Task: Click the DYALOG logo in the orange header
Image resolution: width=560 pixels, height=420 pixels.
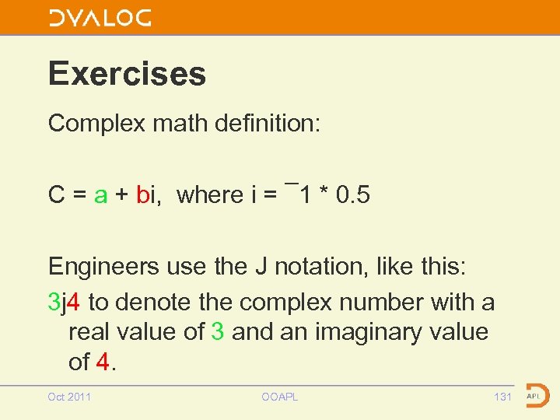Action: (x=100, y=18)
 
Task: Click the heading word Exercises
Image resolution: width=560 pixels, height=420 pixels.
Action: (x=127, y=74)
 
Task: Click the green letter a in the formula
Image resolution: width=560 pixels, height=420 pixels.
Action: (x=100, y=195)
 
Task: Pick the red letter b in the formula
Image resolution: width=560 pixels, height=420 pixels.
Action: (x=142, y=194)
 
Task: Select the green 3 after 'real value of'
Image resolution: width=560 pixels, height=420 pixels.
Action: (x=218, y=332)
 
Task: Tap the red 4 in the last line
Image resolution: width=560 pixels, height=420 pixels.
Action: (x=103, y=362)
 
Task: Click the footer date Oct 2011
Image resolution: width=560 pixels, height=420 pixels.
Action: (x=69, y=397)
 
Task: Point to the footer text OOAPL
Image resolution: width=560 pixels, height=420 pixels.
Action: (x=279, y=397)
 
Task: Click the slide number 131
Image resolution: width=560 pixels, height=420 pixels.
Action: (x=502, y=397)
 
